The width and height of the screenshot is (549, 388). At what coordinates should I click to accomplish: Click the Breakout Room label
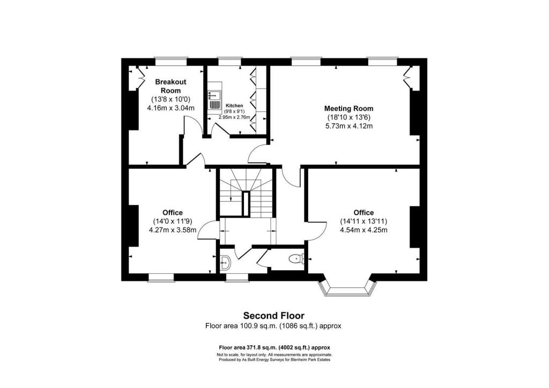point(170,86)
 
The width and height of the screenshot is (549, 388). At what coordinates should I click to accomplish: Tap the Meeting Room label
point(349,109)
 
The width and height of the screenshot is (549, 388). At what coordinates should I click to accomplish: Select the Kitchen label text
point(235,106)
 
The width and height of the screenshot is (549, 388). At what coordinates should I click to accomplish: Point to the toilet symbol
point(295,259)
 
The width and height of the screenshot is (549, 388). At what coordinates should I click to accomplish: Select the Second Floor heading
point(274,316)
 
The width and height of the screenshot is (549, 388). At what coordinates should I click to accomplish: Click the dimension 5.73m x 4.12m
point(349,126)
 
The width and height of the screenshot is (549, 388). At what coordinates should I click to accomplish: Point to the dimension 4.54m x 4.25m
point(363,230)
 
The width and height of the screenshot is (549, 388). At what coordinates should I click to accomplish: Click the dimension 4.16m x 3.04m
point(170,108)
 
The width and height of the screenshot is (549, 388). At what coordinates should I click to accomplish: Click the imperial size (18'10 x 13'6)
point(349,117)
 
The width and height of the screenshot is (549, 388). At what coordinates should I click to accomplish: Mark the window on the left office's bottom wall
point(161,277)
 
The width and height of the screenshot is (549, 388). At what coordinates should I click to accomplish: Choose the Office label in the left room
point(173,213)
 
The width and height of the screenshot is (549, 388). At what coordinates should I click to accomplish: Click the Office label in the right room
point(363,213)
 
